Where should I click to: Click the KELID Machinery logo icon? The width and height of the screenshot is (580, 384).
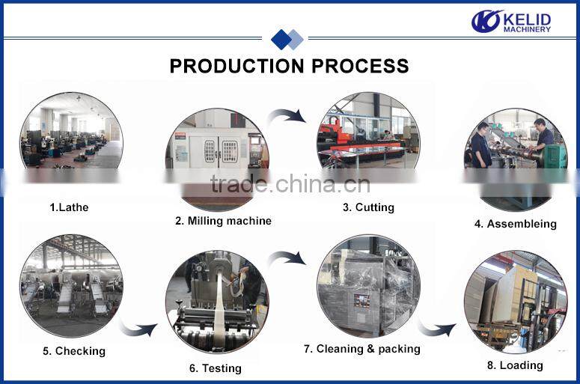coord(486,21)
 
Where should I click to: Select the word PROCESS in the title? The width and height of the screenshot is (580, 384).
coord(361,66)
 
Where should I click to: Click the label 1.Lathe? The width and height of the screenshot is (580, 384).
coord(69,207)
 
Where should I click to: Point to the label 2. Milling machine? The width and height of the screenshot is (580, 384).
coord(223,221)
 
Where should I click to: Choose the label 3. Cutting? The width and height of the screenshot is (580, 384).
coord(368,207)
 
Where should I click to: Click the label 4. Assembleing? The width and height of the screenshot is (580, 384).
coord(515,224)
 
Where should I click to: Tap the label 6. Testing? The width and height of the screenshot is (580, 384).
coord(216,368)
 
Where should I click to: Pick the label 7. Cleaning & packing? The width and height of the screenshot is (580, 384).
coord(362,349)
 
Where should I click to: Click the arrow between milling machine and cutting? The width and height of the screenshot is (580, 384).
coord(287,115)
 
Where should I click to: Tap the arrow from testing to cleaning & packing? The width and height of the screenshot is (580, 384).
coord(287,258)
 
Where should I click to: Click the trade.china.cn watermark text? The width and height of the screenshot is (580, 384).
coord(290,184)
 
